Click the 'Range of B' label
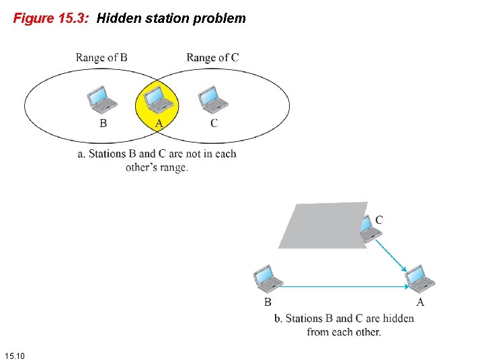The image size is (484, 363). click(x=102, y=58)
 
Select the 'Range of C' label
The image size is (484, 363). click(x=212, y=58)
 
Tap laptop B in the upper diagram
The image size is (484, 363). click(x=103, y=100)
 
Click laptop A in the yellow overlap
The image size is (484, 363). click(x=159, y=99)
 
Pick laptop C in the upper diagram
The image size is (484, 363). click(x=214, y=100)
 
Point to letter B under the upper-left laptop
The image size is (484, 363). click(x=103, y=123)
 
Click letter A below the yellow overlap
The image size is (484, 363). click(x=159, y=123)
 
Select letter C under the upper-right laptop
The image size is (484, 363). click(x=214, y=123)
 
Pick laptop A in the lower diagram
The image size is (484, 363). click(x=420, y=278)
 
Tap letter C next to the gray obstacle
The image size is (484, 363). click(x=379, y=220)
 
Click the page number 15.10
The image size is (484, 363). click(x=14, y=355)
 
